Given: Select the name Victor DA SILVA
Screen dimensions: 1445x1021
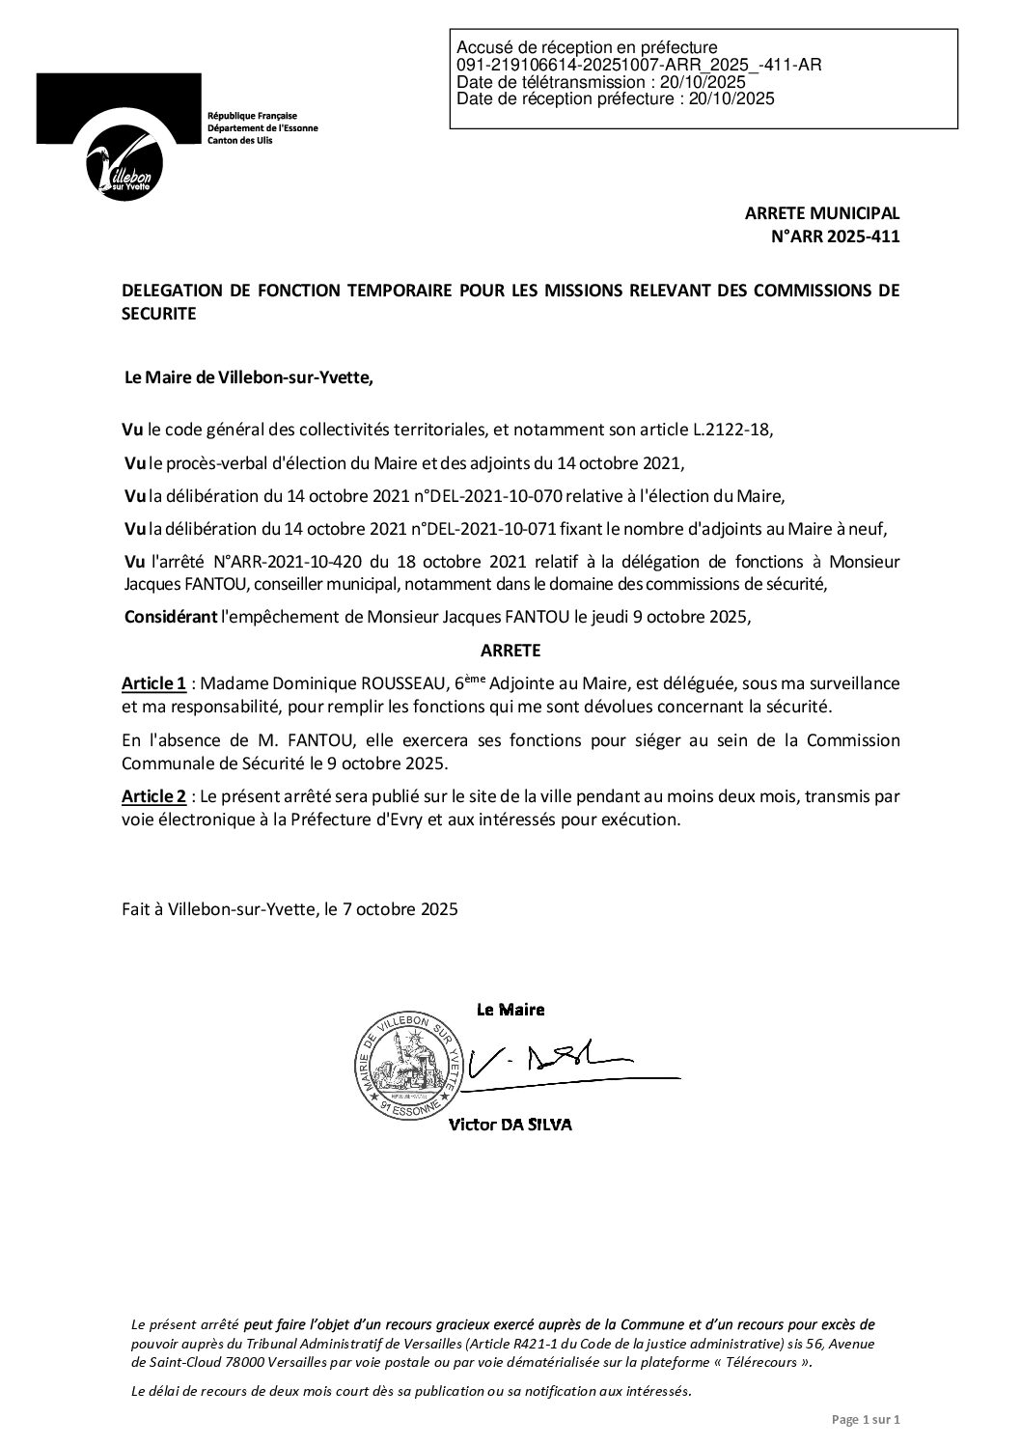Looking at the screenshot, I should coord(510,1125).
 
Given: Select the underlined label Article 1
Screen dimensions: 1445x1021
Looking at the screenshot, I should coord(153,683).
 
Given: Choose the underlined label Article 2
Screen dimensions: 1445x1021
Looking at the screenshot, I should coord(153,796).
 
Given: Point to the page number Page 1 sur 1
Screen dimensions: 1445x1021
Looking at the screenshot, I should coord(865,1420).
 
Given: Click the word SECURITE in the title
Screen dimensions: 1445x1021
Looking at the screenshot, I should coord(159,313).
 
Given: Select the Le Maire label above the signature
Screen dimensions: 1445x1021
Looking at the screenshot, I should coord(510,1010).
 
